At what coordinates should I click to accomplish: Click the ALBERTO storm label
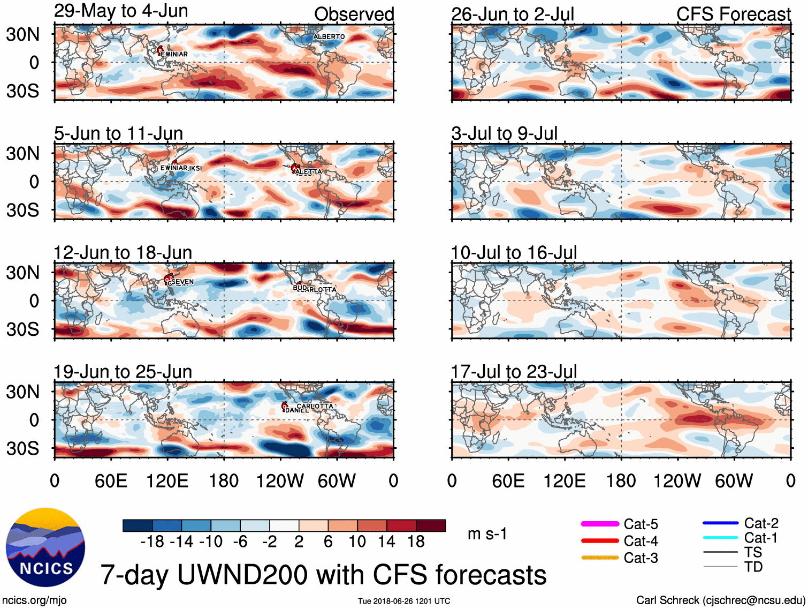click(x=329, y=37)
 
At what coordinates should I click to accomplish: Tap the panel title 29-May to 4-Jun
click(x=121, y=11)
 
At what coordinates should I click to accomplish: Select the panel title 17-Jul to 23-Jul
click(x=514, y=372)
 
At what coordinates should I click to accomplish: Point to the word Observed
click(x=354, y=14)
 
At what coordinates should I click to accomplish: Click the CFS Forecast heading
click(x=733, y=14)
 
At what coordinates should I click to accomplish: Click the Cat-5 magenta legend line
click(x=600, y=524)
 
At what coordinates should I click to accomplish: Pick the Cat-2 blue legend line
click(x=720, y=523)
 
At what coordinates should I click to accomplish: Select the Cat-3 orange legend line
click(x=600, y=558)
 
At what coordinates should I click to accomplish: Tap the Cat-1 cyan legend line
click(x=720, y=538)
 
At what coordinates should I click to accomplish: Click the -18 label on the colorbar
click(x=153, y=542)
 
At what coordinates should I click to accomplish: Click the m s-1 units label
click(x=487, y=534)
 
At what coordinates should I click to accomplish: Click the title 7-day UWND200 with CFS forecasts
click(x=323, y=575)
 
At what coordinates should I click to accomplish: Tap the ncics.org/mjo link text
click(x=34, y=600)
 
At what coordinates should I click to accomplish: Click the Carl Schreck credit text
click(x=720, y=600)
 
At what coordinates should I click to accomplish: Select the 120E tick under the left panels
click(x=167, y=481)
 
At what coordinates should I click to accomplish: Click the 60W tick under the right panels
click(x=734, y=481)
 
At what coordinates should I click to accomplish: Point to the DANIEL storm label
click(x=297, y=410)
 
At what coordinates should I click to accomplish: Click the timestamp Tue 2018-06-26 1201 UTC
click(x=404, y=601)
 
